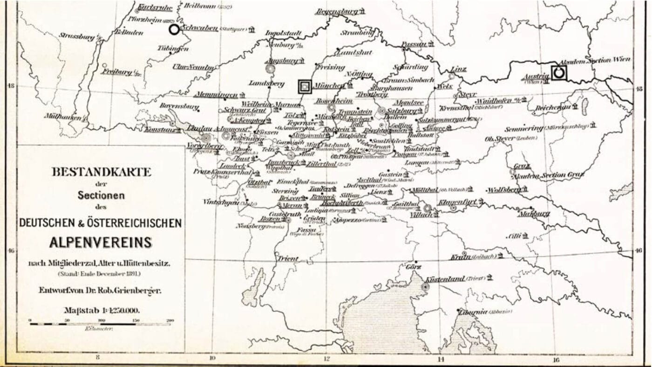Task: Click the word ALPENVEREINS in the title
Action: (101, 242)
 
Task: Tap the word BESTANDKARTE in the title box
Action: (102, 172)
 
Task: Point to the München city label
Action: (329, 85)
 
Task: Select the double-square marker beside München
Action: (305, 86)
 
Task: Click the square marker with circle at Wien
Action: (559, 72)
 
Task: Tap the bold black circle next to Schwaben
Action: (174, 29)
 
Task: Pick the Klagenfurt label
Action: (458, 201)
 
